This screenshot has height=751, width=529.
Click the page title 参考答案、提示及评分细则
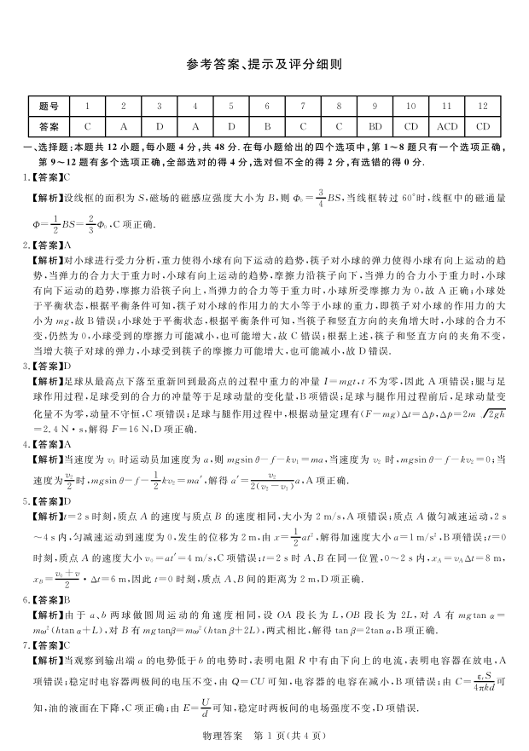point(264,64)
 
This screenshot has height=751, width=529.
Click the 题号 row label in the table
point(48,107)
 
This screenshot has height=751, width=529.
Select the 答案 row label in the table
point(48,125)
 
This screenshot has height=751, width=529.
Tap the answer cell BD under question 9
point(375,125)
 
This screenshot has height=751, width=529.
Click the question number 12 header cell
point(483,107)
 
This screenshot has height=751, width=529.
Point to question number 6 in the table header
point(266,107)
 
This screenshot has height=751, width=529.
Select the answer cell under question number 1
point(86,125)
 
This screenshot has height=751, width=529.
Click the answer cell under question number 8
point(339,125)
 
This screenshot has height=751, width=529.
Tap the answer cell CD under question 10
point(410,125)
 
